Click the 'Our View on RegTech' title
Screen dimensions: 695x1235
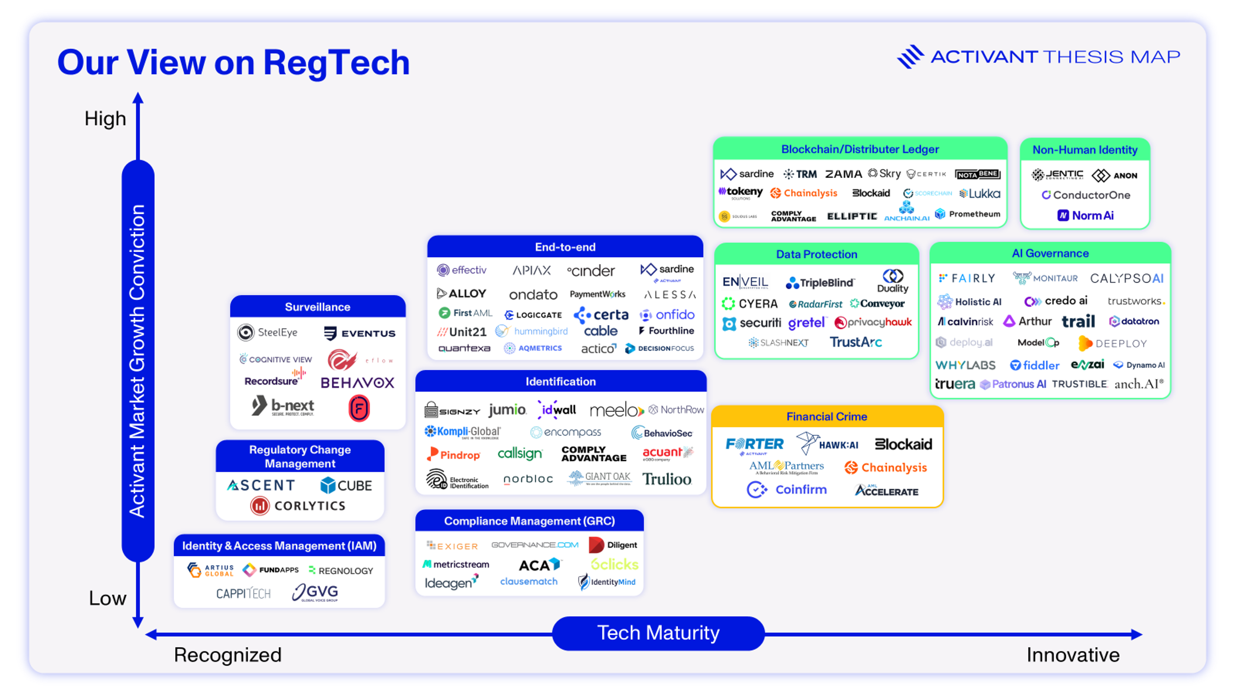(233, 63)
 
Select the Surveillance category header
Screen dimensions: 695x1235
(317, 307)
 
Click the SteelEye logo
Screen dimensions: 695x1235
(268, 332)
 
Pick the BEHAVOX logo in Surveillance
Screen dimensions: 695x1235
(357, 383)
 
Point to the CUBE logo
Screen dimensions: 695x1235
(346, 486)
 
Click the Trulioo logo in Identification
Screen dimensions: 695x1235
(667, 479)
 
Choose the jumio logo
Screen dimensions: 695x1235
(507, 410)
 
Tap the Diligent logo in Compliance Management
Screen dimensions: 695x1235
(613, 545)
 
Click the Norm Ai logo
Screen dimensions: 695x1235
(1085, 215)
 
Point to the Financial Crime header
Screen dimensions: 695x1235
(827, 416)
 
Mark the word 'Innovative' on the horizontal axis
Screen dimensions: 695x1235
(1073, 655)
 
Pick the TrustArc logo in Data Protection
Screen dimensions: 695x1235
(856, 342)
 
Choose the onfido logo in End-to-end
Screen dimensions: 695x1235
(667, 315)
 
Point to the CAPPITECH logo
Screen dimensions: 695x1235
(243, 594)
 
